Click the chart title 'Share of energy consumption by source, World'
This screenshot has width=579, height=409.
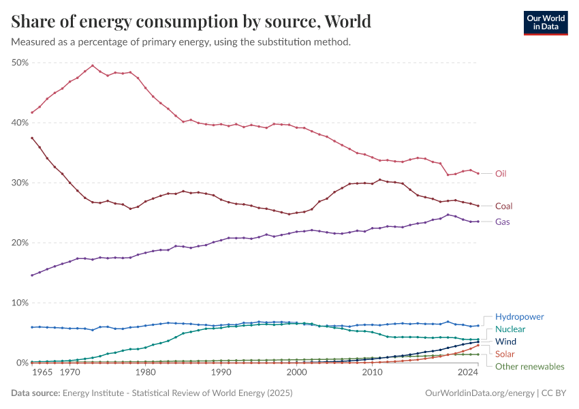(191, 21)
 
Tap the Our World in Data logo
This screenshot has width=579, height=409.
(545, 22)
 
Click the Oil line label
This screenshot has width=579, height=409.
(501, 174)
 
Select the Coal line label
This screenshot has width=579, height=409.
(503, 206)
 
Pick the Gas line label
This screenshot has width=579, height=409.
(502, 222)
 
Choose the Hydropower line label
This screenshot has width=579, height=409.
(519, 317)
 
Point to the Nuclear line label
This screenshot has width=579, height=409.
(510, 329)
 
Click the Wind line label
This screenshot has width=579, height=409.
(506, 342)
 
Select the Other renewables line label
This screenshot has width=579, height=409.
(529, 367)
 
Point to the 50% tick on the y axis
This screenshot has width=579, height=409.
(20, 63)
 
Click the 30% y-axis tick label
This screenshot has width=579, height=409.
(20, 183)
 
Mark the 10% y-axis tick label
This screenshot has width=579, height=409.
(20, 303)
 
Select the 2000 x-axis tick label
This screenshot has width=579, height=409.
(296, 373)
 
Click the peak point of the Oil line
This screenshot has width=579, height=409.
(93, 65)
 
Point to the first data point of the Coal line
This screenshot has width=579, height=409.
(32, 138)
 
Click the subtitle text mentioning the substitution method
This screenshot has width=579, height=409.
(181, 42)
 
